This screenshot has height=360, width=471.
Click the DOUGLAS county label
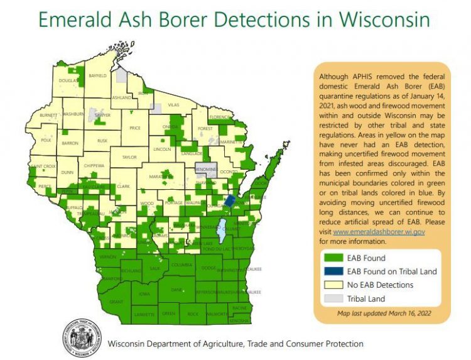67,81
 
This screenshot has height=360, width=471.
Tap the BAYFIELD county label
97,75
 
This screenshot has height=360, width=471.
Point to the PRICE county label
134,128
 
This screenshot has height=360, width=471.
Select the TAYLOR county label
129,157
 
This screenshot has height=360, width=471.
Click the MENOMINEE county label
207,169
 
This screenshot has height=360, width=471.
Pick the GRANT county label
116,302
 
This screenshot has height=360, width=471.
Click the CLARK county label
123,187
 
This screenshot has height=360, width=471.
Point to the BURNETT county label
48,116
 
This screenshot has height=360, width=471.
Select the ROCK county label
192,314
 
